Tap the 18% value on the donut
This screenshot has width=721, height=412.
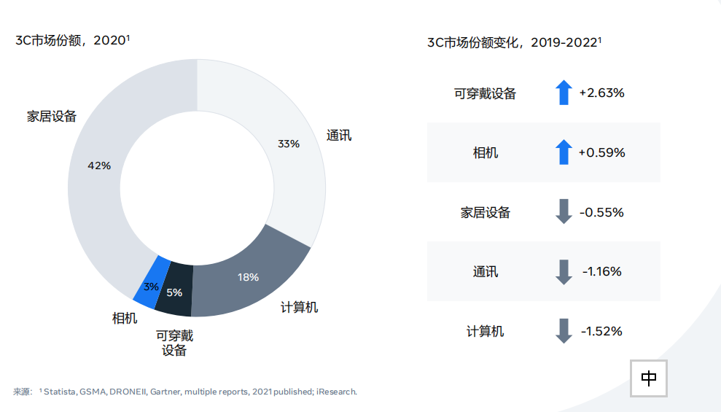coord(249,277)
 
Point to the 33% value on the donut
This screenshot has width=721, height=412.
coord(289,144)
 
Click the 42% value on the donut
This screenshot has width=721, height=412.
coord(99,166)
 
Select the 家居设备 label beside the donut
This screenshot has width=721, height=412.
coord(52,116)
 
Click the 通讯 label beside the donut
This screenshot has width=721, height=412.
coord(339,135)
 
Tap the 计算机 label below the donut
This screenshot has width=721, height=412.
coord(299,307)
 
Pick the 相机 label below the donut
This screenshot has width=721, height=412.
coord(125,318)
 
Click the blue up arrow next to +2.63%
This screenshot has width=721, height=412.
coord(563,93)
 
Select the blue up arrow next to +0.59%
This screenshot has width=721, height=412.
coord(563,152)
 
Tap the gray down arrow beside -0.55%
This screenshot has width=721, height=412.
coord(563,212)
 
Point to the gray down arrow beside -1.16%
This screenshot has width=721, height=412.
coord(563,272)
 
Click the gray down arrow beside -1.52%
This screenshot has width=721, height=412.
coord(563,331)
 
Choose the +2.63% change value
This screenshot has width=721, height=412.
coord(602,93)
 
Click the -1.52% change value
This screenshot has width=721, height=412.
coord(602,331)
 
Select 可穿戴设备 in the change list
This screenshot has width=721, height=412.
coord(485,93)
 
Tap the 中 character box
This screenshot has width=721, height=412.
coord(649,378)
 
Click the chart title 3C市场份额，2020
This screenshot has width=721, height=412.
coord(72,40)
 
